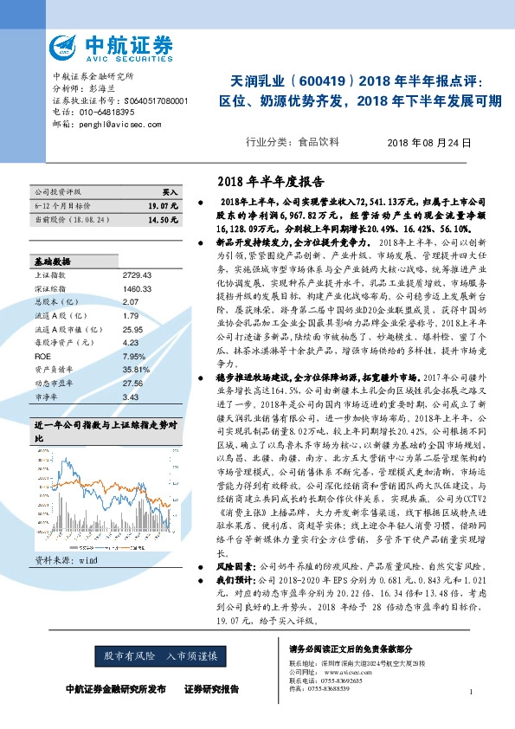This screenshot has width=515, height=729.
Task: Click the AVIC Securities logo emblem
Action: [63, 46]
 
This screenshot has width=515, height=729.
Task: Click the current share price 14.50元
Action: [163, 221]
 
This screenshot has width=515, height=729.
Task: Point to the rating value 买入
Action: [170, 191]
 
